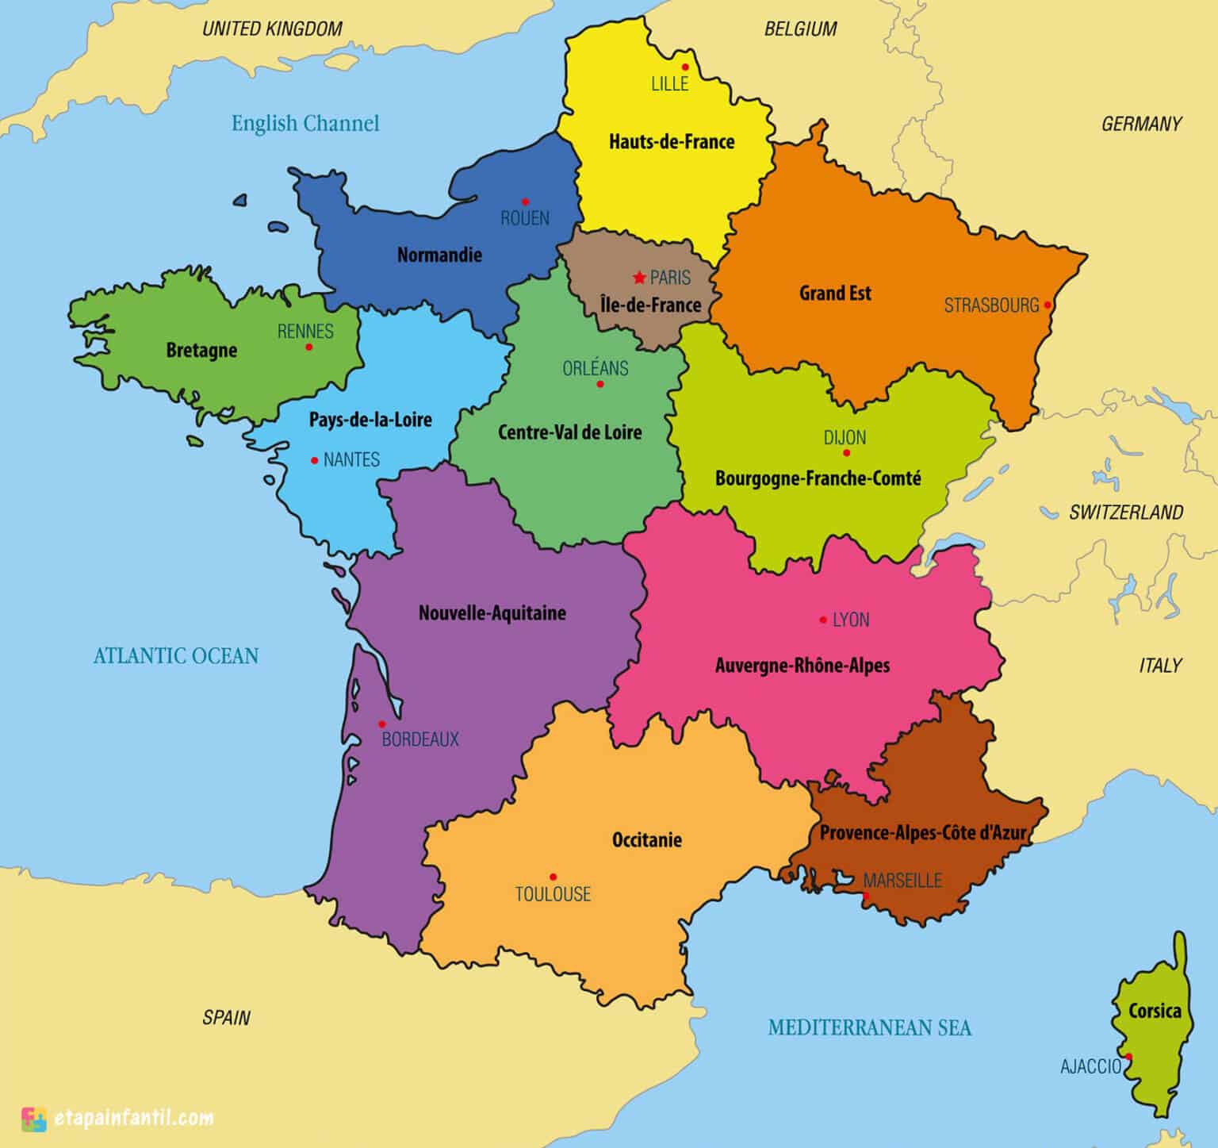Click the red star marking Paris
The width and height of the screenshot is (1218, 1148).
(639, 278)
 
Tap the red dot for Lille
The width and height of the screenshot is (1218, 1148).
(684, 67)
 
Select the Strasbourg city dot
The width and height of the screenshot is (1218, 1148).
(1048, 305)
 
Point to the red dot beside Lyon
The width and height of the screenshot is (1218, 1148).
(823, 620)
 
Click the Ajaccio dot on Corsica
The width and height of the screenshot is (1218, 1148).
(1128, 1057)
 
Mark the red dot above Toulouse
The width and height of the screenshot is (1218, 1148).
(553, 877)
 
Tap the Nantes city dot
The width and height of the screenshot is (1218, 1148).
(315, 460)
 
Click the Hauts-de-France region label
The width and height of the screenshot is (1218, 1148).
(672, 142)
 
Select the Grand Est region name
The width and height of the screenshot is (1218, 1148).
(835, 294)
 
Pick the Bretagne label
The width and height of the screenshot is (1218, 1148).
(201, 350)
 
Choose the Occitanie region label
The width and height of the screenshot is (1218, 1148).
(647, 839)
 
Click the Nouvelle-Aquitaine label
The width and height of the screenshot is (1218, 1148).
(492, 612)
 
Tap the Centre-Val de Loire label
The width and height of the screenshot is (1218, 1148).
(570, 432)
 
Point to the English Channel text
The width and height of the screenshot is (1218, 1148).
(305, 123)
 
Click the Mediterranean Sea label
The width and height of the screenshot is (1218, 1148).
(869, 1028)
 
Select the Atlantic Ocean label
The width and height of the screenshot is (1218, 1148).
(176, 655)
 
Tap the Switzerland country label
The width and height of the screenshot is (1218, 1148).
(1126, 513)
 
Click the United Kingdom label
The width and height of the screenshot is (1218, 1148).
(273, 29)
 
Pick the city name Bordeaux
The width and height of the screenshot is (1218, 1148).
(420, 739)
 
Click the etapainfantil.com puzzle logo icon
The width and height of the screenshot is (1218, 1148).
(34, 1119)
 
